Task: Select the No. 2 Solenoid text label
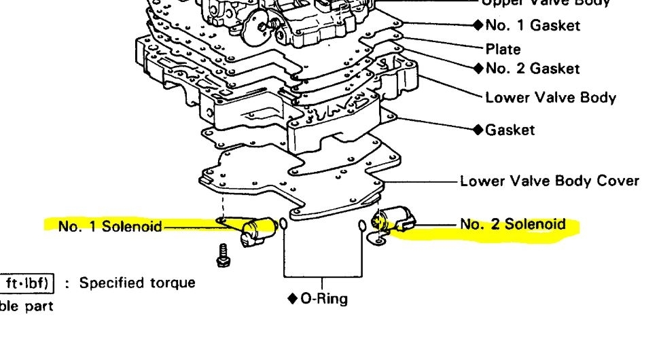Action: click(x=513, y=223)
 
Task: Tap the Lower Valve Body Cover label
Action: click(x=550, y=181)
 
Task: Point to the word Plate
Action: click(x=503, y=49)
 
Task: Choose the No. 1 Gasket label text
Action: click(x=533, y=26)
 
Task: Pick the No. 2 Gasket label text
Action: click(x=533, y=68)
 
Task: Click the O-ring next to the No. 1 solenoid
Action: click(x=283, y=226)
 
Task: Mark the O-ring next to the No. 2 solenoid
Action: click(x=361, y=226)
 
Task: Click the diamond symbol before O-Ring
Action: click(x=293, y=299)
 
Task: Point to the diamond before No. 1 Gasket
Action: click(x=478, y=26)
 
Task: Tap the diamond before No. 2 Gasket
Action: click(x=478, y=68)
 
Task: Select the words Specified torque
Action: click(x=137, y=283)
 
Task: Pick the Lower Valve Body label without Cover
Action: click(x=550, y=97)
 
